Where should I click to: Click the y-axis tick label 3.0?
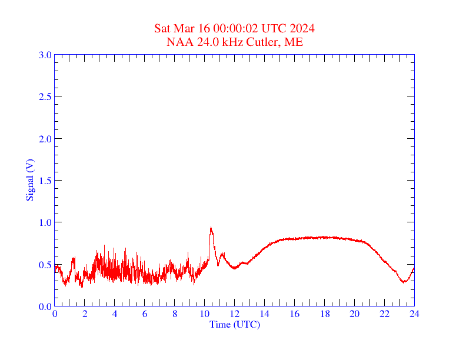click(x=45, y=55)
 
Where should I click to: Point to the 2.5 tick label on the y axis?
click(x=45, y=97)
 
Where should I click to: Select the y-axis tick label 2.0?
click(x=45, y=139)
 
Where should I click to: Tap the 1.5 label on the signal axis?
click(x=45, y=181)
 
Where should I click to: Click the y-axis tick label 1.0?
click(x=45, y=223)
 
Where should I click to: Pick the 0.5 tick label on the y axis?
click(x=45, y=265)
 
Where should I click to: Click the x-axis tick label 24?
click(x=414, y=314)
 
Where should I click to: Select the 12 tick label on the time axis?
click(x=235, y=314)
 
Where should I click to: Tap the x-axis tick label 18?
click(x=324, y=314)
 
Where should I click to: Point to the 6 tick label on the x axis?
click(x=145, y=314)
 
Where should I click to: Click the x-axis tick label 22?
click(x=384, y=314)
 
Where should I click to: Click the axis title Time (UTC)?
click(x=234, y=324)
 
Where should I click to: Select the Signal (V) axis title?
click(x=29, y=180)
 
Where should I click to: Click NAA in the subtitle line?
click(x=178, y=42)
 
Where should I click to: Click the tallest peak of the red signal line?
click(x=211, y=228)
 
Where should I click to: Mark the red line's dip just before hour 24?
click(x=404, y=282)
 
